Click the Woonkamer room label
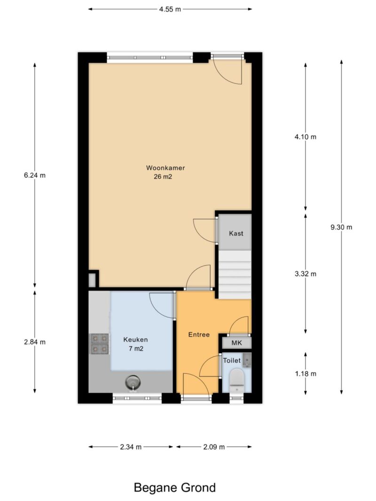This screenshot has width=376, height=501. tap(165, 168)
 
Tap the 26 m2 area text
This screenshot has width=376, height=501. tap(163, 177)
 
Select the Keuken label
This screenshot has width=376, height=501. tap(135, 339)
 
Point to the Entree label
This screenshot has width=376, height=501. tap(199, 334)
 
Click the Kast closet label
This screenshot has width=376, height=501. tap(236, 233)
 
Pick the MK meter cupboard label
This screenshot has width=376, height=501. tap(236, 343)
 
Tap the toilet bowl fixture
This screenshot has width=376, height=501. tap(237, 380)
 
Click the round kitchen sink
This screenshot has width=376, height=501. tap(133, 383)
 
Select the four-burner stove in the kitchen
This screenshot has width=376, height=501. tap(100, 344)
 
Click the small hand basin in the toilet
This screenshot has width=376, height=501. tap(246, 360)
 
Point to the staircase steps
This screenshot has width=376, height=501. tap(235, 274)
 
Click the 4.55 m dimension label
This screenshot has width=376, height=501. tap(170, 9)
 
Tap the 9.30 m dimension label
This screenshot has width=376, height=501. tap(342, 227)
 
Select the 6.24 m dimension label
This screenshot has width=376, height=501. tap(35, 175)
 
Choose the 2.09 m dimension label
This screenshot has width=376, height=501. tap(214, 447)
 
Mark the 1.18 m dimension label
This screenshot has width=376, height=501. tap(305, 373)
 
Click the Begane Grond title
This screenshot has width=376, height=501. tap(175, 487)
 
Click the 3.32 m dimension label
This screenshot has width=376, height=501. tap(305, 274)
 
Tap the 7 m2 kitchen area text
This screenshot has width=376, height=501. tap(136, 348)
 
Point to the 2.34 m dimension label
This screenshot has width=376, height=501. tap(131, 447)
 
